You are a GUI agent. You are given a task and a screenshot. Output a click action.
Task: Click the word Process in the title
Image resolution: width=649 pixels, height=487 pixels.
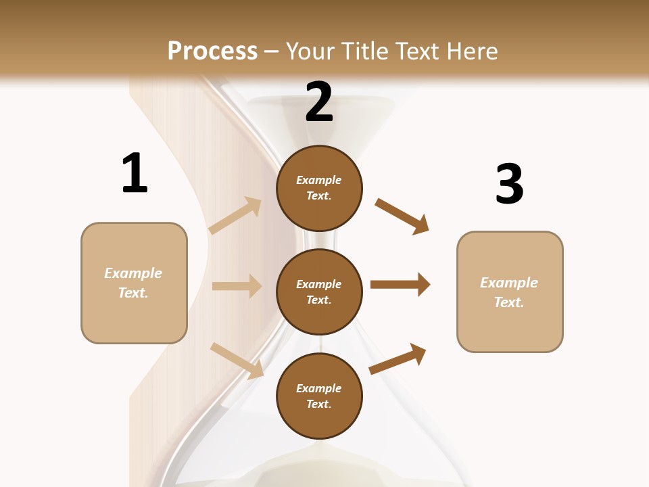coord(212,51)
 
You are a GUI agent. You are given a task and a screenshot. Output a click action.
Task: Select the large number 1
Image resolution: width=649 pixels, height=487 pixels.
coord(135,174)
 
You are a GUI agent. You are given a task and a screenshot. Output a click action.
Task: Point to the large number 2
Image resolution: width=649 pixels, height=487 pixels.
coord(319,102)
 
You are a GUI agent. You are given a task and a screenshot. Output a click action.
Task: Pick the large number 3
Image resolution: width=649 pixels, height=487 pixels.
coord(509,184)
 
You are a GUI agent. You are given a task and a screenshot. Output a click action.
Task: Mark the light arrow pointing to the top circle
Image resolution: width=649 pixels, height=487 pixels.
coord(235,216)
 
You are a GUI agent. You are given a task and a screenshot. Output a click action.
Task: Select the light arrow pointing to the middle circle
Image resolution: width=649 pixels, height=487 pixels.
coord(237,286)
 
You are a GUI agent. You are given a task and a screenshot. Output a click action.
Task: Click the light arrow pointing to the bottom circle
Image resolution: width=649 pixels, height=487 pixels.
coord(237,361)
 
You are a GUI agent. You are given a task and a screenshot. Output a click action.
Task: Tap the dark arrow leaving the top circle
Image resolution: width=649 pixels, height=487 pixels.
coord(402,216)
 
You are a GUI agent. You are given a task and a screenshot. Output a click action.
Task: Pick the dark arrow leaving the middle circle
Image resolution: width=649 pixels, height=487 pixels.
coord(400,285)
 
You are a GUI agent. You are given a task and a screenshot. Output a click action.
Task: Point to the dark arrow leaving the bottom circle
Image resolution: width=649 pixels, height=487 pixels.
coord(398,358)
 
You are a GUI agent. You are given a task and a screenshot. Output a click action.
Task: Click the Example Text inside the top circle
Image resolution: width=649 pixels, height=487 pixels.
coord(319,188)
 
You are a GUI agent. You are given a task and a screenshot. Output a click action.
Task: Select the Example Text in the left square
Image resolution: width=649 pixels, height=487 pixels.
coord(133,283)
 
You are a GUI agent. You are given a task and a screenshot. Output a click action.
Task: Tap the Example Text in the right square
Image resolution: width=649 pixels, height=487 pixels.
coord(509,292)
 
